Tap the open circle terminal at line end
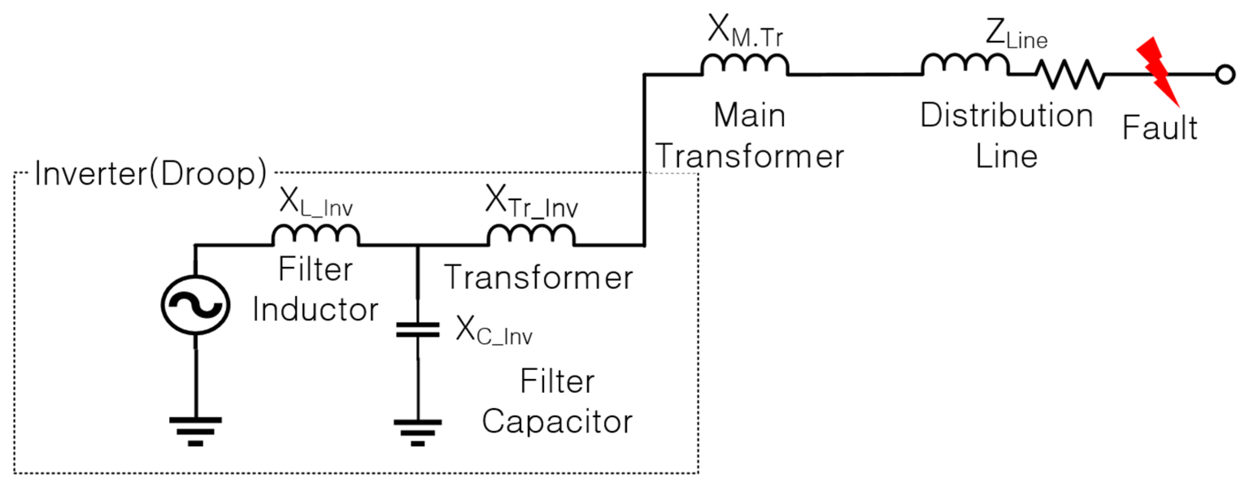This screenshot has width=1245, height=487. point(1225,75)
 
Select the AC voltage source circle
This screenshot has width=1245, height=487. point(195,305)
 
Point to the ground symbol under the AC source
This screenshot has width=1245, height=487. point(195,431)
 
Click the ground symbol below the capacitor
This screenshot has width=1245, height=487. point(417,432)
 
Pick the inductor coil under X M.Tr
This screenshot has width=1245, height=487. point(745,65)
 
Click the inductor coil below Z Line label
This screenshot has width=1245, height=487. point(965,65)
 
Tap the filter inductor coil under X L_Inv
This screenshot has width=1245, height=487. point(315,235)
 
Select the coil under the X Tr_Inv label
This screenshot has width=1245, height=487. point(531,235)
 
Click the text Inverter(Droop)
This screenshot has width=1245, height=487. point(150,173)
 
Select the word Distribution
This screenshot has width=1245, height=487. point(1006,116)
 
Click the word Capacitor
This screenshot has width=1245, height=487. point(557,421)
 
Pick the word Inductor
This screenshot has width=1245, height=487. point(315,309)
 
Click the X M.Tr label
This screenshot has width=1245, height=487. point(745,31)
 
